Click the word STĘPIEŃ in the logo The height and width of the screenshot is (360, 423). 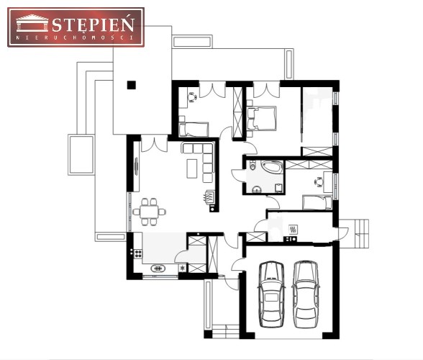coord(93,24)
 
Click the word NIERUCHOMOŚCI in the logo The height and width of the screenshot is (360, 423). coord(76,37)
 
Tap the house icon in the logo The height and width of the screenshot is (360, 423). coord(32,23)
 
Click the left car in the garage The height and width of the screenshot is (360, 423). coord(271,294)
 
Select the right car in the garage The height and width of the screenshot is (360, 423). coord(306,294)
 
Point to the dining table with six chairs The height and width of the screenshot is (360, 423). coord(149,212)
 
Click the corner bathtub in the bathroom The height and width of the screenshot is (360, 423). coord(273,167)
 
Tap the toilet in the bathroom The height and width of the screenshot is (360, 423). coord(253,166)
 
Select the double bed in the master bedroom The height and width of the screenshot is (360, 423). coord(261,119)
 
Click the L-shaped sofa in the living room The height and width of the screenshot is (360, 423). coord(200,162)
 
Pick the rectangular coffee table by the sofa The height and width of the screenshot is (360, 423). coord(192,168)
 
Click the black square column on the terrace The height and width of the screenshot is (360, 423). coord(132,85)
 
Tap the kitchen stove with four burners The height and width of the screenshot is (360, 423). coord(138,253)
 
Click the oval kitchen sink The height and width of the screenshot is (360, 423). coord(158,269)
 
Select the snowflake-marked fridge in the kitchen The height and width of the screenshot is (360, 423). coord(183,268)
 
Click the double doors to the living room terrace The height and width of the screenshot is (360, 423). coord(154,143)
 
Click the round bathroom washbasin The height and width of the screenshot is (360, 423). coord(257,190)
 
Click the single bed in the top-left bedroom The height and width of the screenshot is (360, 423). coord(194,130)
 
